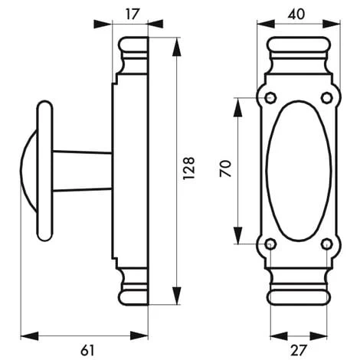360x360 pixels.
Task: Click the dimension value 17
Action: tap(133, 15)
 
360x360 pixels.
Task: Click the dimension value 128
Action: tap(189, 168)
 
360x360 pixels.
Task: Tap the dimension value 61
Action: tap(87, 350)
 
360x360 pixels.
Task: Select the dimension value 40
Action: tap(296, 15)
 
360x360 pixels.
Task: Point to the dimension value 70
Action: tap(225, 169)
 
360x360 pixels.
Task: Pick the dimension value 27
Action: tap(298, 350)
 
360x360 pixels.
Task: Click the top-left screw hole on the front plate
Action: tap(270, 98)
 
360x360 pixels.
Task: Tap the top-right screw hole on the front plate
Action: tap(327, 98)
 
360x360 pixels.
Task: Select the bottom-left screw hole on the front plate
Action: tap(270, 244)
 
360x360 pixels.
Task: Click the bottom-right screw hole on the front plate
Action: tap(327, 244)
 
